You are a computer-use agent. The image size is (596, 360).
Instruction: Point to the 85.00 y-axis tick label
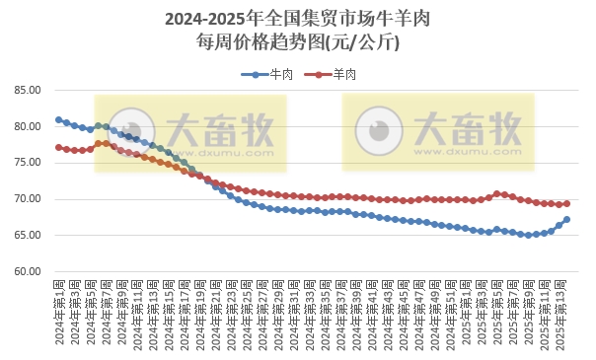point(27,90)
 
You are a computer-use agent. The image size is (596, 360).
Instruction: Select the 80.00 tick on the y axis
point(27,126)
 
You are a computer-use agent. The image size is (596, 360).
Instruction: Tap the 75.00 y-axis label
point(27,163)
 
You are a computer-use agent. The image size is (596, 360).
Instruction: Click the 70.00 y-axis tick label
point(27,199)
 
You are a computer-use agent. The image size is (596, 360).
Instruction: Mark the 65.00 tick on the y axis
point(27,236)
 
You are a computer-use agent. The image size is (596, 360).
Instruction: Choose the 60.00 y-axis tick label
point(27,272)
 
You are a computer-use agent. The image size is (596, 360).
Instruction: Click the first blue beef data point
point(58,119)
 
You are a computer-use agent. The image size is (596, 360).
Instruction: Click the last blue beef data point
point(566,220)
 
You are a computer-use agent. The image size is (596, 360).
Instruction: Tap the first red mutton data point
point(58,147)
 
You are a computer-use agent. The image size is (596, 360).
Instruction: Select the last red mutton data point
point(566,203)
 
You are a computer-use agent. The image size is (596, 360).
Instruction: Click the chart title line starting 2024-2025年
point(297,19)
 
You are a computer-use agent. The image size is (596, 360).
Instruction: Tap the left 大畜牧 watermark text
point(219,128)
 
